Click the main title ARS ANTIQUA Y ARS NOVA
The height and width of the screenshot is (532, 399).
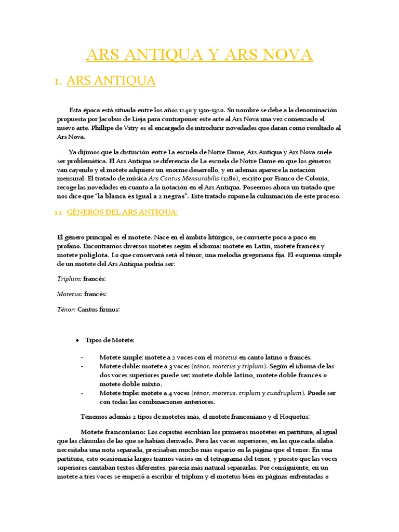tap(199, 55)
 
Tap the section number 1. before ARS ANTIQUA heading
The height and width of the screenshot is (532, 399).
tap(59, 82)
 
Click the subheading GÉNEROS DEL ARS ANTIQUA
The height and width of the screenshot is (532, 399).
tap(123, 212)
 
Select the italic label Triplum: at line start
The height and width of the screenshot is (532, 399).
tap(69, 278)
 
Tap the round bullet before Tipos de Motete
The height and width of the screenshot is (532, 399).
tap(77, 340)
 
